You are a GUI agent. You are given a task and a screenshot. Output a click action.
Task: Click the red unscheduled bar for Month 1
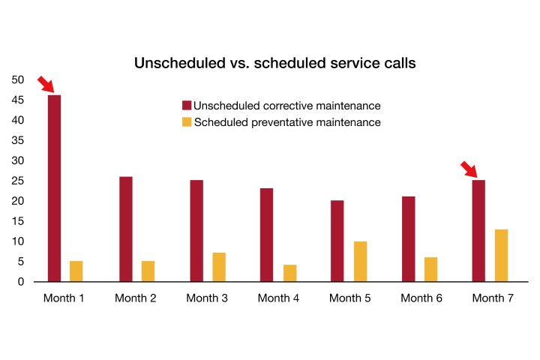54,187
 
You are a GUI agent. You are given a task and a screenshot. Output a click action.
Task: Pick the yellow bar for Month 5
360,261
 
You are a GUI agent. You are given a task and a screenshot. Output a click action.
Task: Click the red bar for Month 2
125,229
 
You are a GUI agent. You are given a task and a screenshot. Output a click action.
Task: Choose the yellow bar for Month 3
218,267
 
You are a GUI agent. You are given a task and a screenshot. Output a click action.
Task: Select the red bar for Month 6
408,238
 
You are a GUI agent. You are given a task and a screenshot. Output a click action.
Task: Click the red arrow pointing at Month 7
469,169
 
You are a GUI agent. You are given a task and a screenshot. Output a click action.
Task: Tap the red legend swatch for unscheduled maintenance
187,105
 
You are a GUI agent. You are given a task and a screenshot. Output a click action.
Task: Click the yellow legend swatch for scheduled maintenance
187,121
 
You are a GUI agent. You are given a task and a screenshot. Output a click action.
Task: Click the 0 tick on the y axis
21,282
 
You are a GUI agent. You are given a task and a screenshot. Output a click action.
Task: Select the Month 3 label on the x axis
207,298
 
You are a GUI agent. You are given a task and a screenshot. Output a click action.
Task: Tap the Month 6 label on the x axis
421,298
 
